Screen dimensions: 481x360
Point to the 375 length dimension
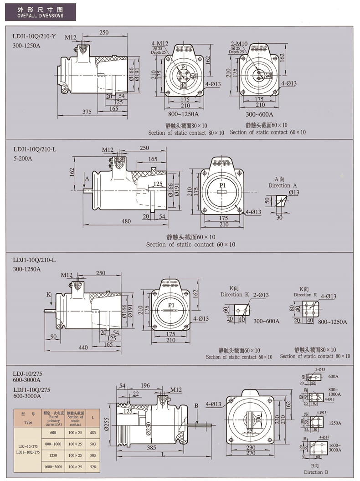pyautogui.click(x=87, y=112)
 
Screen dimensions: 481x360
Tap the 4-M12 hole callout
pyautogui.click(x=160, y=44)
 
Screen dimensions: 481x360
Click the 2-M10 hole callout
pyautogui.click(x=239, y=44)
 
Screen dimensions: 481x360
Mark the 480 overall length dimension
pyautogui.click(x=126, y=221)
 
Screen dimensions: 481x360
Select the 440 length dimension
pyautogui.click(x=83, y=348)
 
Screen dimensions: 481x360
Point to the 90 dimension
pyautogui.click(x=53, y=337)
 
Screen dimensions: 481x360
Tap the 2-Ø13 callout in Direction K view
pyautogui.click(x=261, y=295)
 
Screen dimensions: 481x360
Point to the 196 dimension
pyautogui.click(x=145, y=385)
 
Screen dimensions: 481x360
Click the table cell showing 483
pyautogui.click(x=93, y=431)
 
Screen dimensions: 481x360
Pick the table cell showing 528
pyautogui.click(x=93, y=466)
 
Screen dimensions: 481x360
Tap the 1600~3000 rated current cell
pyautogui.click(x=53, y=466)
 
